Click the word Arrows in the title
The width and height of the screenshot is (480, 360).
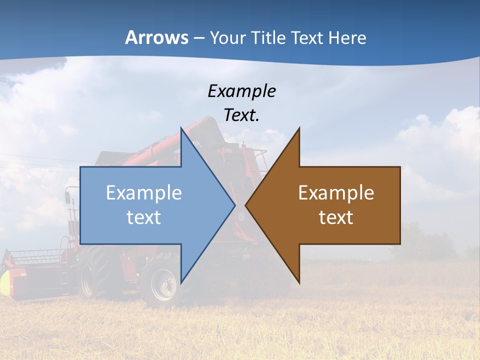tap(156, 37)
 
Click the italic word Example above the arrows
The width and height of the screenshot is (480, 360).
tap(241, 91)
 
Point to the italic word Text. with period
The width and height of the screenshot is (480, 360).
tap(241, 115)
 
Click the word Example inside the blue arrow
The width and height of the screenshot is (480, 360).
tap(144, 192)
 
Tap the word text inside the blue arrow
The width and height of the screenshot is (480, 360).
tap(144, 217)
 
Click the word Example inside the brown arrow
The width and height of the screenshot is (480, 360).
tap(336, 192)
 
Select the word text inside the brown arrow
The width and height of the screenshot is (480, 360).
tap(336, 217)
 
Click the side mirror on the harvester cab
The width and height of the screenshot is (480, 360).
tap(67, 196)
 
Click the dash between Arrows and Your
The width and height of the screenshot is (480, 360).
tap(198, 38)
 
